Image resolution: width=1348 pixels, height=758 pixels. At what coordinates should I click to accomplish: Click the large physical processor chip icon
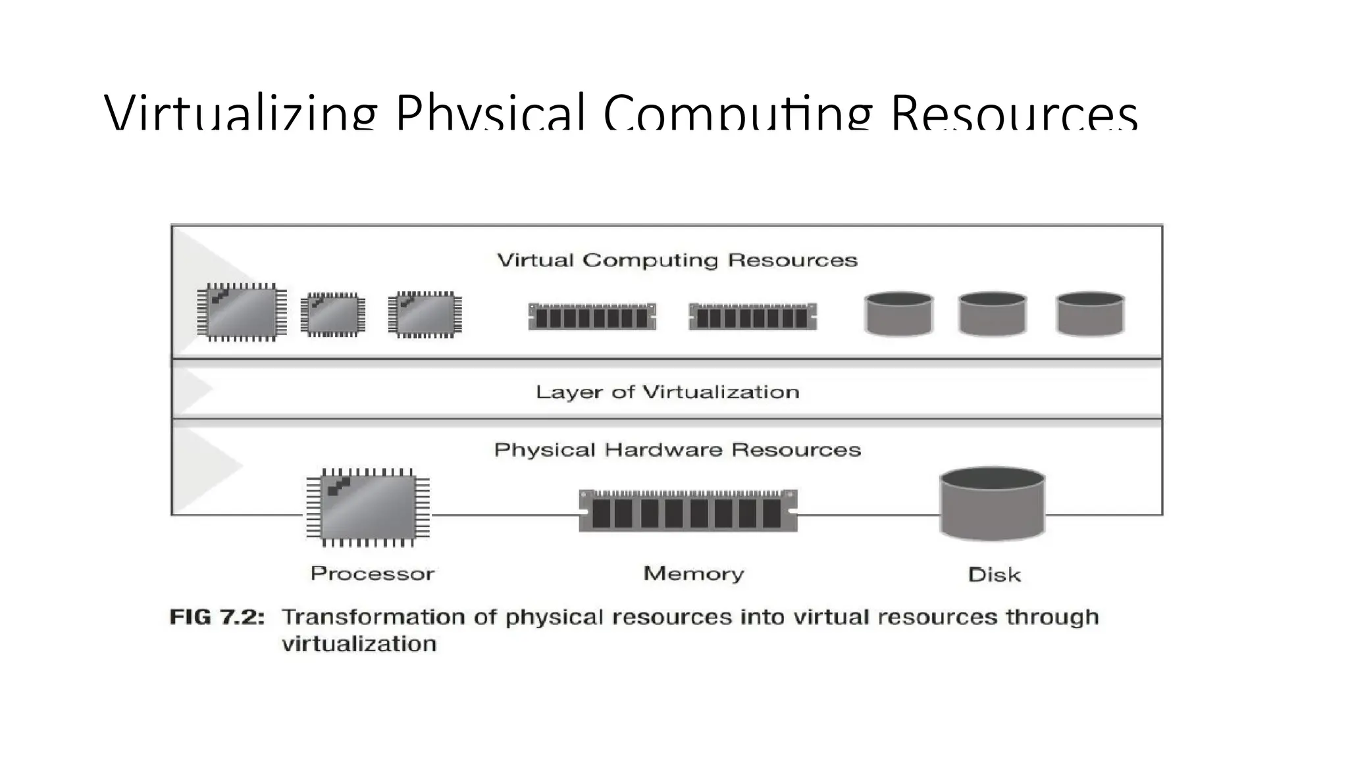[368, 507]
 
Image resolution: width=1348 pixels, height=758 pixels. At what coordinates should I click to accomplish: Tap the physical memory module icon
[688, 511]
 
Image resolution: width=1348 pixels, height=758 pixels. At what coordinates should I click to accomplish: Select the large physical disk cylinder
[992, 503]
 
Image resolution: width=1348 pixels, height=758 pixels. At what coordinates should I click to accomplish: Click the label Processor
[372, 574]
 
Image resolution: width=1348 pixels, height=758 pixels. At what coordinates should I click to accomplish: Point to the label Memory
[694, 574]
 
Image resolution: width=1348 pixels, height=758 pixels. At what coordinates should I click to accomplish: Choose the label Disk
[994, 575]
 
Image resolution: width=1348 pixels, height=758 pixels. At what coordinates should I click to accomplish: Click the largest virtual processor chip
[242, 312]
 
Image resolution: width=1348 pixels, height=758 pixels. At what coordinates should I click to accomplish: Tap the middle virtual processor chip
[333, 315]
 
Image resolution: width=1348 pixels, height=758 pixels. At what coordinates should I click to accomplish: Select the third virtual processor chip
[425, 315]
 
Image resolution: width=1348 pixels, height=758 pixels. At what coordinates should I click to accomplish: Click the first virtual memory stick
[592, 316]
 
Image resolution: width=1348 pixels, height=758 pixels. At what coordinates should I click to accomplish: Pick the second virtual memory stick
[752, 316]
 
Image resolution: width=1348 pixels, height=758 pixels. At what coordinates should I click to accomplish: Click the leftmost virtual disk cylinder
[898, 314]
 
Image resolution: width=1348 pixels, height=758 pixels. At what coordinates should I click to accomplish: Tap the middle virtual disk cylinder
[993, 314]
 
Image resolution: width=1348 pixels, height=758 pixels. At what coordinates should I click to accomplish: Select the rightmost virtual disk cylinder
[1090, 314]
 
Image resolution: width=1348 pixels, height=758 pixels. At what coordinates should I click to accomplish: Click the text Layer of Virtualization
[667, 392]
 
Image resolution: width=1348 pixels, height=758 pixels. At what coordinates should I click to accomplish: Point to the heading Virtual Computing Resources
[677, 261]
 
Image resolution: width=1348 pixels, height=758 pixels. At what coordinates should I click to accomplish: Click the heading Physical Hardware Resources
[677, 450]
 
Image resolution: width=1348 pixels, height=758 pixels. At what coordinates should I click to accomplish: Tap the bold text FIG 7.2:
[217, 617]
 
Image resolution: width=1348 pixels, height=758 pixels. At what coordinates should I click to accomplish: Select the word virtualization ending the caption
[359, 644]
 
